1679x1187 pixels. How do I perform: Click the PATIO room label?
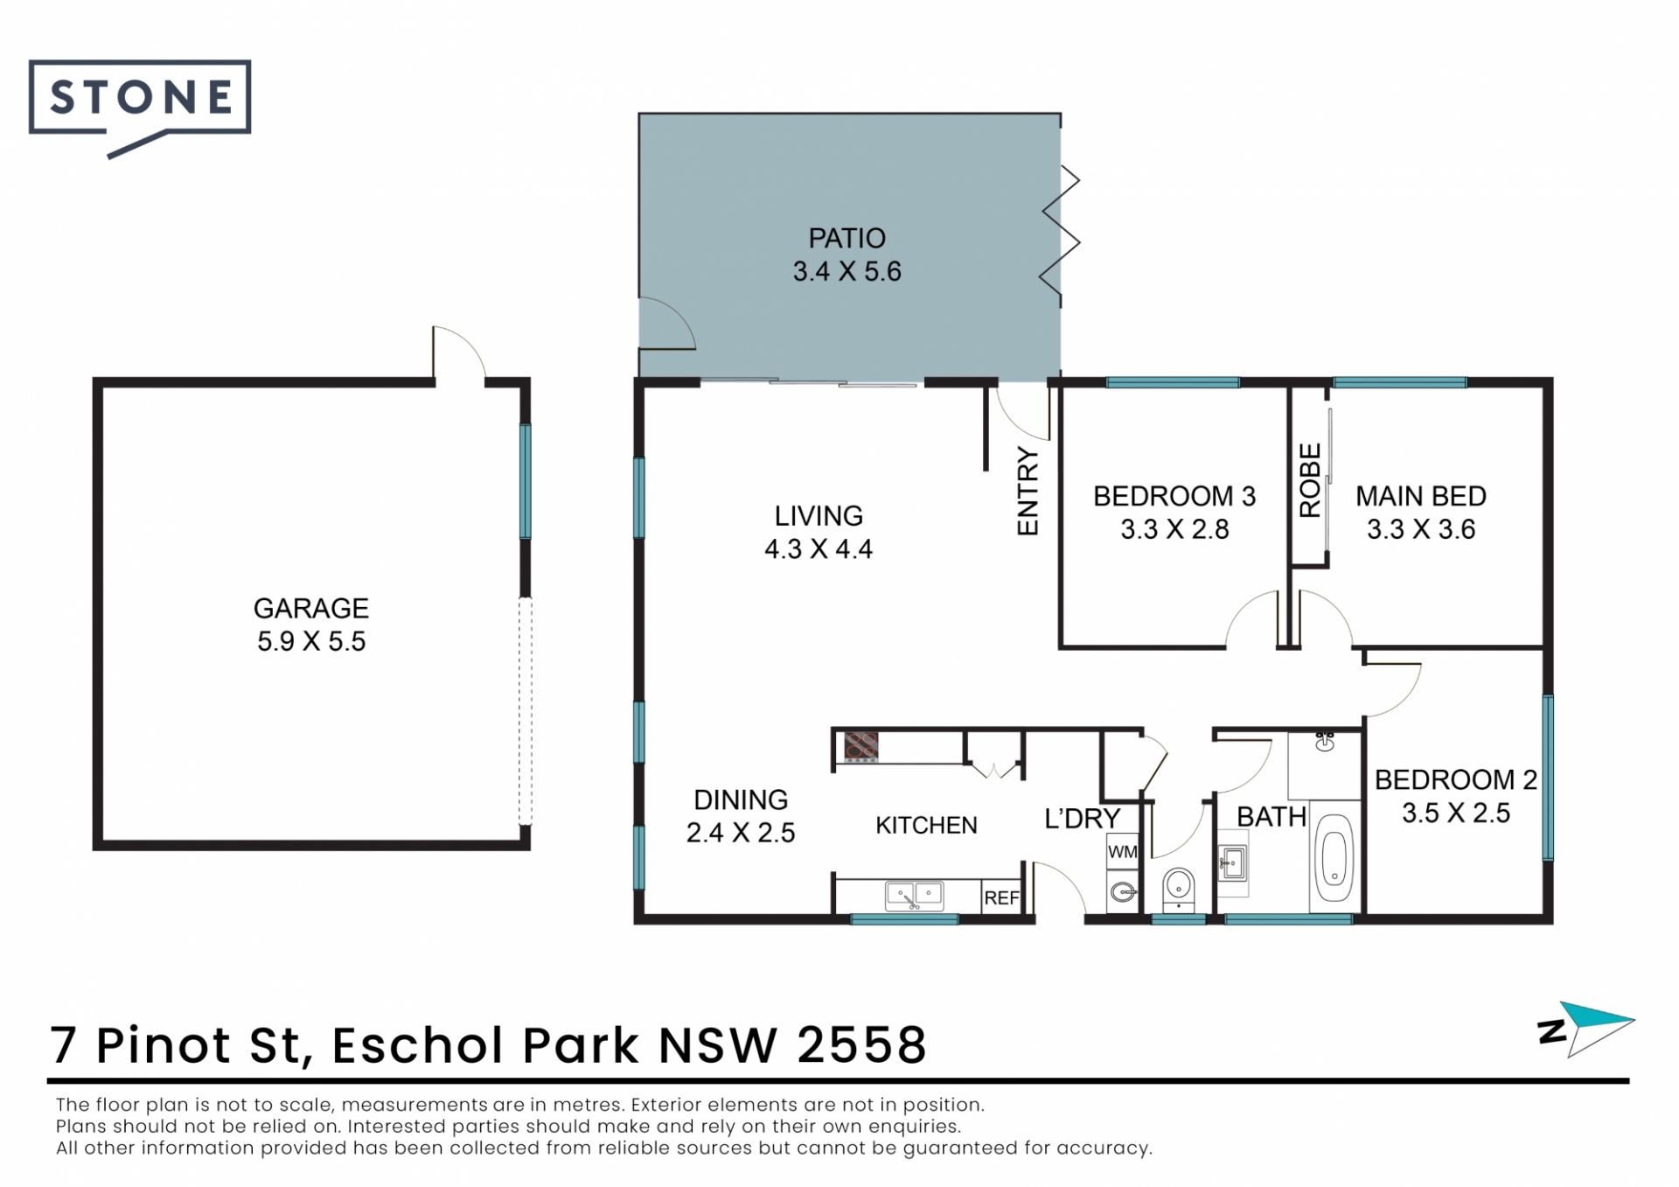(x=846, y=238)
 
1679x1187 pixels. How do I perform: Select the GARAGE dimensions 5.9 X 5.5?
(x=311, y=641)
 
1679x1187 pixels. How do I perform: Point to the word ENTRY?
(x=1028, y=492)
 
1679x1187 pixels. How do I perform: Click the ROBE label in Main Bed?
(x=1309, y=480)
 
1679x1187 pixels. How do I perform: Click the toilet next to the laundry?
(x=1178, y=890)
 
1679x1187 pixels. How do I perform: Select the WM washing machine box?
(x=1122, y=851)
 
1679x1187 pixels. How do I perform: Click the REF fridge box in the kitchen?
(x=1001, y=897)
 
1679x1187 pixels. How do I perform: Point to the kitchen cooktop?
(x=860, y=747)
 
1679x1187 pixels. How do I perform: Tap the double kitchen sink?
(x=914, y=895)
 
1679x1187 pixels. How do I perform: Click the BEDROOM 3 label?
(x=1174, y=496)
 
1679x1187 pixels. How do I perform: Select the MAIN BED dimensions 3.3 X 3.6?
(x=1421, y=529)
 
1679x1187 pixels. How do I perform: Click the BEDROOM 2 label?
(x=1456, y=779)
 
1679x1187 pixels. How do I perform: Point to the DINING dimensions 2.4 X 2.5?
(x=741, y=833)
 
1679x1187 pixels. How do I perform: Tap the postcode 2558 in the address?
(x=862, y=1045)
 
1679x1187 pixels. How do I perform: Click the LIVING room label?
(x=819, y=515)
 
